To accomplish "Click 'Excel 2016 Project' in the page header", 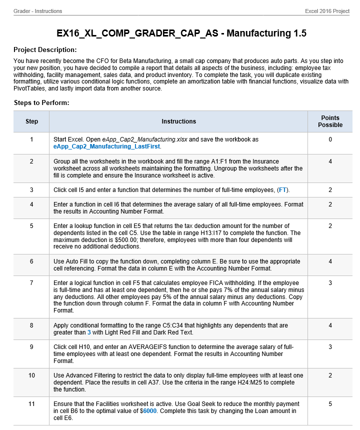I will click(327, 11).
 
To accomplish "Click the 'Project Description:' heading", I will click(45, 50).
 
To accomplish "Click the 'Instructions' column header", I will click(178, 121).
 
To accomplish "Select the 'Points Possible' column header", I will click(330, 121).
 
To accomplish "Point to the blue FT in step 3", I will click(283, 190).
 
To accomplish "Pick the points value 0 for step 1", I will click(330, 139).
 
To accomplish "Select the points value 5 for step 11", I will click(330, 404).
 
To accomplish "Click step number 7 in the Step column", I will click(31, 283).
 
